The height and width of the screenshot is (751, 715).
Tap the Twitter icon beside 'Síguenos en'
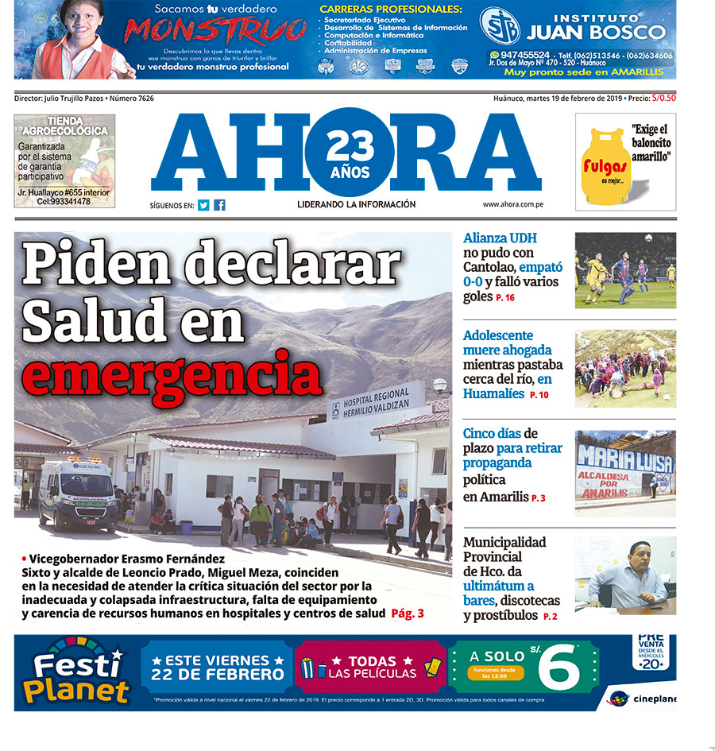tap(203, 205)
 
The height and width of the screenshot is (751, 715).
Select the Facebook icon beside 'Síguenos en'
tap(219, 205)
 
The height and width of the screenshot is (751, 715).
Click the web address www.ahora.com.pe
tap(518, 204)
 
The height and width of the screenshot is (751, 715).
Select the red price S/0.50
tap(663, 99)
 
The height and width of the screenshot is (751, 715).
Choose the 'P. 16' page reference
tap(505, 298)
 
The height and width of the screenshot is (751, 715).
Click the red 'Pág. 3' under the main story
tap(408, 614)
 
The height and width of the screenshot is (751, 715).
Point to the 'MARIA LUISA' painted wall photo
tap(625, 469)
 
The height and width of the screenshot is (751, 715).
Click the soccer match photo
tap(625, 270)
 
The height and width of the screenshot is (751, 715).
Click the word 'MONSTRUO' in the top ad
tap(215, 31)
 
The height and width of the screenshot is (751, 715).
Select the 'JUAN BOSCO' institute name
tap(596, 32)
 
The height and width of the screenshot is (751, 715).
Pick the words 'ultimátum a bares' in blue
tap(499, 594)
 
